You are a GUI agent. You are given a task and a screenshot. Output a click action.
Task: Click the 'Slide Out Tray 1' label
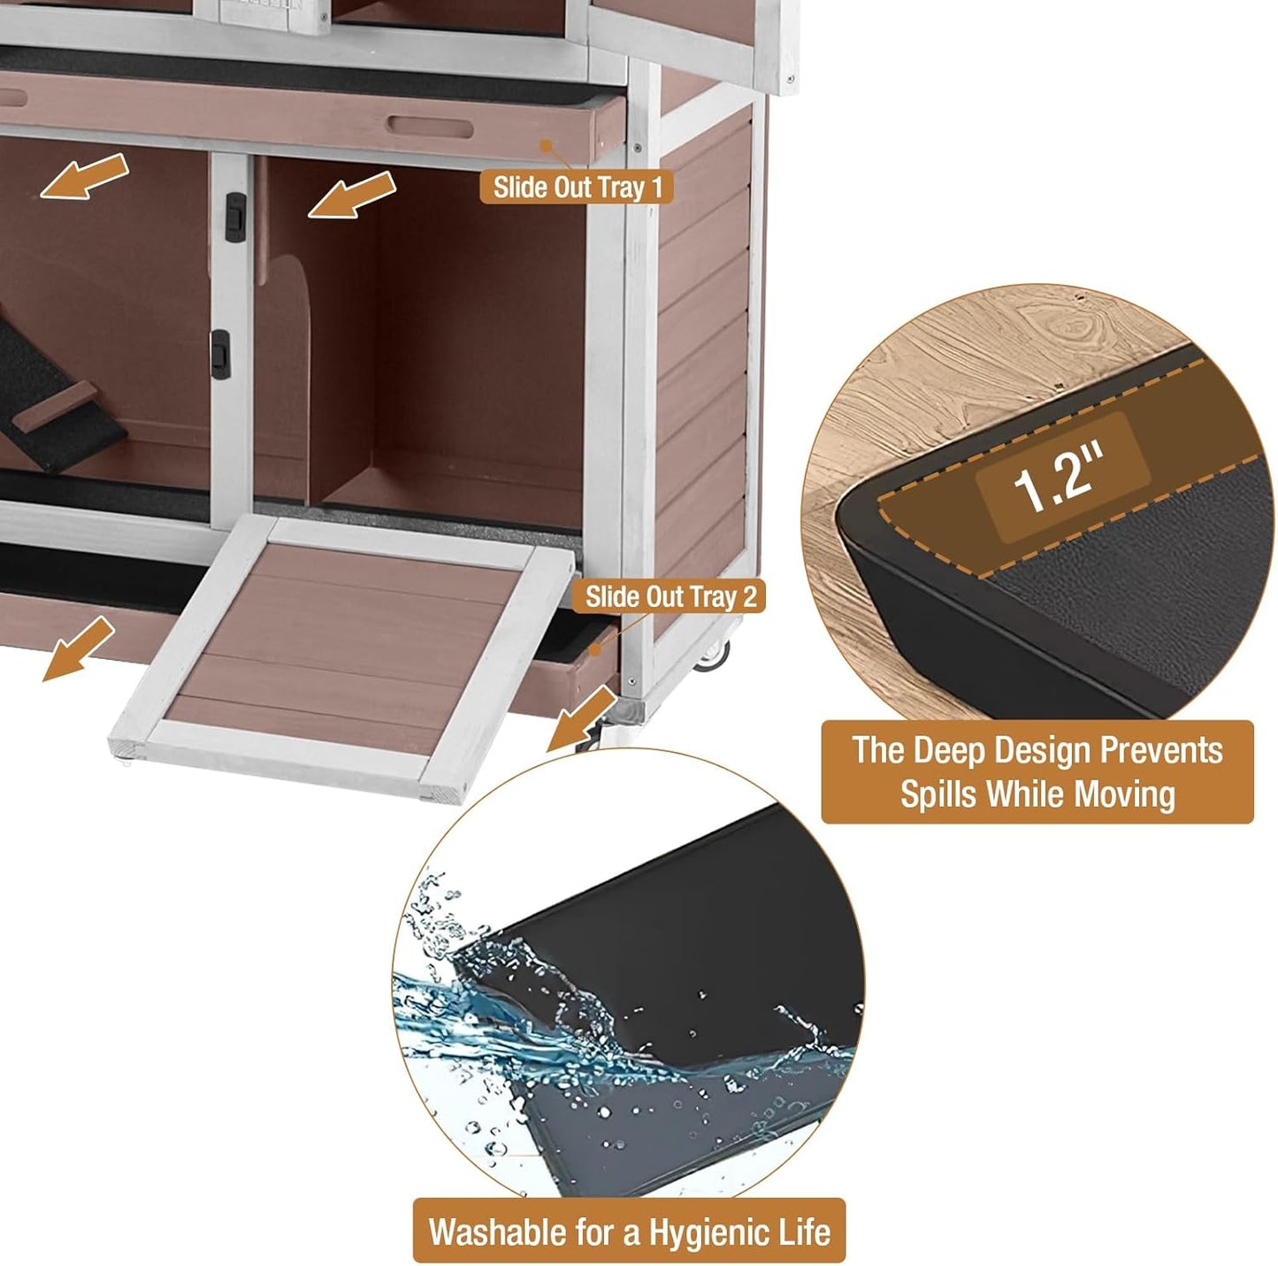tap(577, 188)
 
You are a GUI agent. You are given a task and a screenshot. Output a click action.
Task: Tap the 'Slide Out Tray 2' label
tap(670, 596)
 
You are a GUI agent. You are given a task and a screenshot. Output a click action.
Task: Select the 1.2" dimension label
tap(1060, 478)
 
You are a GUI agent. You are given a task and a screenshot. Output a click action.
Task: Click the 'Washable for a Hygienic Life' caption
tap(629, 1231)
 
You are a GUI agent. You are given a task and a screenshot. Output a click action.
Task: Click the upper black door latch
tap(234, 216)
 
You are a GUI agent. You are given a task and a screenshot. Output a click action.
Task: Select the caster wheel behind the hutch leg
tap(715, 655)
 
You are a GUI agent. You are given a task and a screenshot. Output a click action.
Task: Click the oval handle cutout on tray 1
tap(429, 126)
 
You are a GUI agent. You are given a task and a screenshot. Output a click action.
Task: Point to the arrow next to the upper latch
tap(351, 195)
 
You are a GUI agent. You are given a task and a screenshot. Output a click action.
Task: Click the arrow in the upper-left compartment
tap(84, 175)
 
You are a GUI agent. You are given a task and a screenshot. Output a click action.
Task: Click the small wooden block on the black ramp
tap(55, 408)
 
